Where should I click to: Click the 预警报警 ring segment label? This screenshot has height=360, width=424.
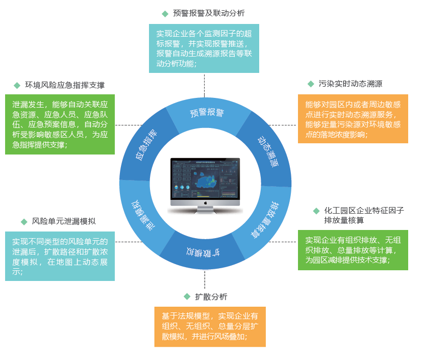(x=207, y=113)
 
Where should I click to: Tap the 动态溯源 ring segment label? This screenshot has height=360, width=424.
(x=268, y=151)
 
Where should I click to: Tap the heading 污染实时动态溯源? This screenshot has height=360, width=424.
(x=351, y=84)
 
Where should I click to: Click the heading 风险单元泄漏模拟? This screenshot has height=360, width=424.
(x=64, y=221)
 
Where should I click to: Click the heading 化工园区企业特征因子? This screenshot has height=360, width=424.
(x=364, y=210)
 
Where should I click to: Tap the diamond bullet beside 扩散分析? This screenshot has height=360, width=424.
(x=187, y=297)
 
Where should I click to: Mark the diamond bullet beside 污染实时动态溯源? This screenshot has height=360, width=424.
(x=310, y=84)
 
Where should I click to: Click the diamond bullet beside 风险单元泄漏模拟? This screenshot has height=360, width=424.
(x=24, y=221)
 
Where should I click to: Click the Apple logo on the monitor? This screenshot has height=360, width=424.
(x=205, y=203)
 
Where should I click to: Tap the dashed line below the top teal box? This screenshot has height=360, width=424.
(x=205, y=85)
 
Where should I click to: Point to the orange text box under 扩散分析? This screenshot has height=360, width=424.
(x=210, y=326)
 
